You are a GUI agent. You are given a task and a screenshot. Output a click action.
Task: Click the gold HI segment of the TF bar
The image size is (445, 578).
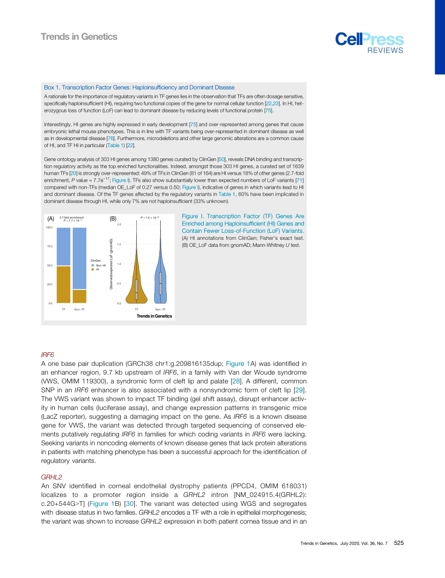(x=63, y=284)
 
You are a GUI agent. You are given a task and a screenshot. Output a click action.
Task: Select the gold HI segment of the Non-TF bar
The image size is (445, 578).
(x=80, y=296)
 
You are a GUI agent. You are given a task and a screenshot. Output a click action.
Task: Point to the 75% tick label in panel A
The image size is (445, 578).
(x=49, y=246)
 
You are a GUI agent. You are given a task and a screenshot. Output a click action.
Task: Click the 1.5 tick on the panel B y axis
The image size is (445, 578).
(x=119, y=245)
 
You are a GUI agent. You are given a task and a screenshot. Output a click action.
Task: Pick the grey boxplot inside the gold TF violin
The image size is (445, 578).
(x=137, y=289)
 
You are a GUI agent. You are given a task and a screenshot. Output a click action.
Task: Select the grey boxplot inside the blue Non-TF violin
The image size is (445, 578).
(x=160, y=283)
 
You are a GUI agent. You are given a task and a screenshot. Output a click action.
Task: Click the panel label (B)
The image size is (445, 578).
(x=113, y=219)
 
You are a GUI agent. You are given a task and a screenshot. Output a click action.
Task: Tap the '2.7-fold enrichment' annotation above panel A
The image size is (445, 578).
(x=71, y=217)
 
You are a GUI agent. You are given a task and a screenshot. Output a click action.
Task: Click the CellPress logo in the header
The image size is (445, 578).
(x=369, y=41)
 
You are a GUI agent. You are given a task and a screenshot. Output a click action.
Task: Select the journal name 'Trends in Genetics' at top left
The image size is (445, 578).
(x=79, y=37)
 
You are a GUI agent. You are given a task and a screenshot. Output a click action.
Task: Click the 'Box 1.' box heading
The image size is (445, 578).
(x=53, y=88)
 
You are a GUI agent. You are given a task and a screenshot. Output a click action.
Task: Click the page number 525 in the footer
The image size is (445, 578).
(x=399, y=543)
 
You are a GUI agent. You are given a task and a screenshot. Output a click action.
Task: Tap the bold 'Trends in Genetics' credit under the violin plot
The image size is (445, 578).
(x=154, y=316)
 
